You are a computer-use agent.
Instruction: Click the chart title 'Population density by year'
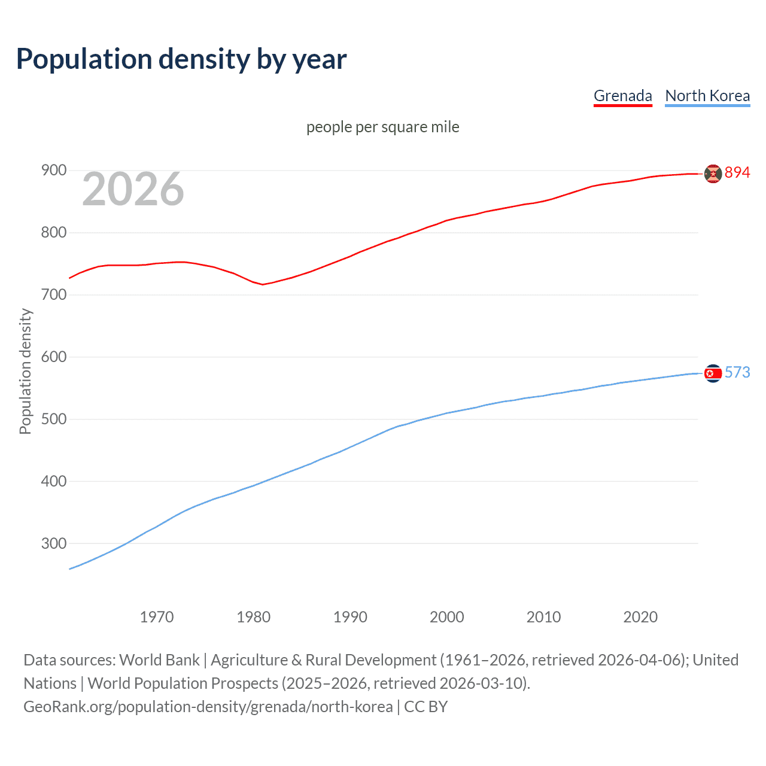pyautogui.click(x=181, y=59)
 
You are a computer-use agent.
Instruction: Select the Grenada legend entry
pyautogui.click(x=622, y=96)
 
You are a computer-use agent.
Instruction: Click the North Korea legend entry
pyautogui.click(x=707, y=96)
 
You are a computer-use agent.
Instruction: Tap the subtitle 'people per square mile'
pyautogui.click(x=382, y=127)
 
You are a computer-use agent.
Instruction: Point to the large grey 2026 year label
pyautogui.click(x=133, y=189)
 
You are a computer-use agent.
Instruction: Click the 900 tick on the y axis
pyautogui.click(x=53, y=171)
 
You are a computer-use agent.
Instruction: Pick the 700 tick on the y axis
pyautogui.click(x=53, y=294)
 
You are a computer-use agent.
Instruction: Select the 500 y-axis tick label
pyautogui.click(x=53, y=419)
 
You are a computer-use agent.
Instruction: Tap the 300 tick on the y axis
pyautogui.click(x=53, y=543)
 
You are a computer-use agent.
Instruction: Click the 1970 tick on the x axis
pyautogui.click(x=157, y=617)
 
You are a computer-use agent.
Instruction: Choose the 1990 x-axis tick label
pyautogui.click(x=350, y=617)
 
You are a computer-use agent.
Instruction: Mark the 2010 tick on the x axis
pyautogui.click(x=543, y=617)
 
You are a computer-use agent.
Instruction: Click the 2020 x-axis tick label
pyautogui.click(x=640, y=617)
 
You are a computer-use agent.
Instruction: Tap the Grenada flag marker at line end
pyautogui.click(x=713, y=174)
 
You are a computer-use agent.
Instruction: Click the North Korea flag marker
pyautogui.click(x=713, y=373)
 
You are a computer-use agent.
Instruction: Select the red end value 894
pyautogui.click(x=737, y=172)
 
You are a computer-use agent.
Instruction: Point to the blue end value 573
pyautogui.click(x=737, y=372)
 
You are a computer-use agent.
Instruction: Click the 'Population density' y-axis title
pyautogui.click(x=25, y=371)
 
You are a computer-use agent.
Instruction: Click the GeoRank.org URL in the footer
pyautogui.click(x=208, y=707)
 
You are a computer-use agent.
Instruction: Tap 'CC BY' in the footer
pyautogui.click(x=425, y=707)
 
